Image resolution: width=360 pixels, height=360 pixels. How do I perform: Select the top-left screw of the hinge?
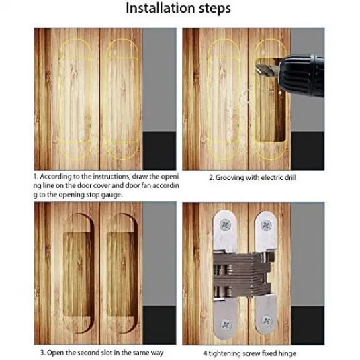pos(226,225)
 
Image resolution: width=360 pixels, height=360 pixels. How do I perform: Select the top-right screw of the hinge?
pos(266,225)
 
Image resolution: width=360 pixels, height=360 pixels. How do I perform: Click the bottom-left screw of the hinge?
pos(226,324)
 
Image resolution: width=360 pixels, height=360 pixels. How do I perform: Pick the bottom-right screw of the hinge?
pos(267,321)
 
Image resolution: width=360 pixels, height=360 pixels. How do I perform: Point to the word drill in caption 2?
pos(290,177)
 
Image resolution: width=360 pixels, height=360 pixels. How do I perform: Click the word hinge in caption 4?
pos(287,353)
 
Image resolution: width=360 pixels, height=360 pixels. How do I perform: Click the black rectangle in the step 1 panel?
pos(159,150)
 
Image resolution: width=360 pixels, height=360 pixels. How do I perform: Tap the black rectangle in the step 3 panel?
pos(159,325)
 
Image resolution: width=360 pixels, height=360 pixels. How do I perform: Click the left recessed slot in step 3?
pos(78,273)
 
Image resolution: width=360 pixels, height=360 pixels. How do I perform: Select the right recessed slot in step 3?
pos(122,273)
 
